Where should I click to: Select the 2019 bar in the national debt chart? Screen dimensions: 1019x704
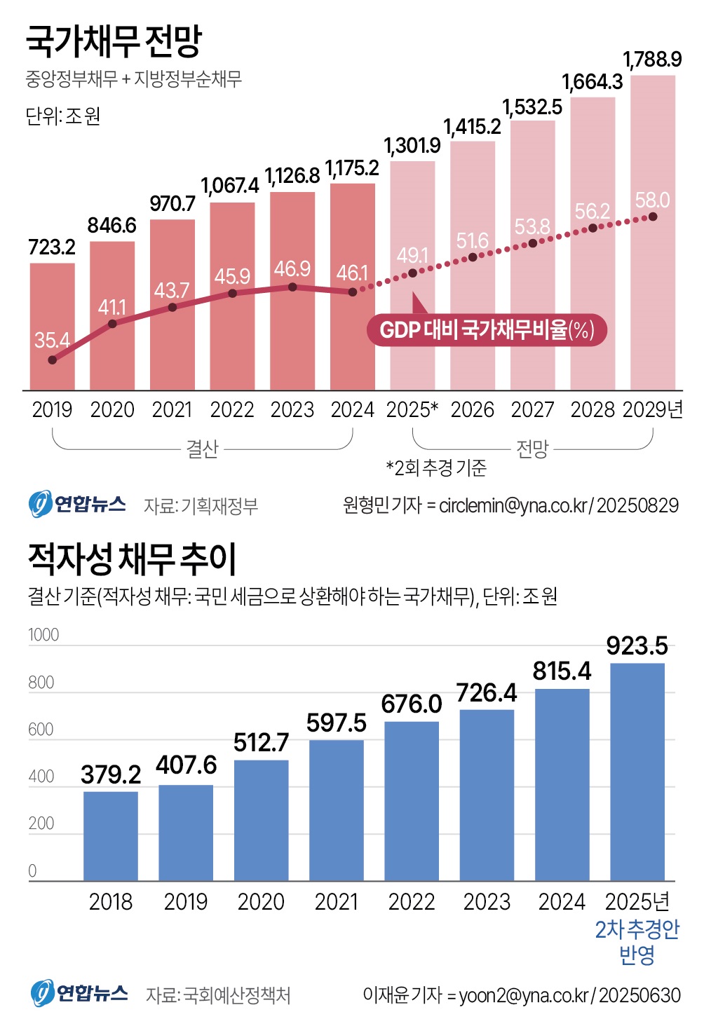(52, 326)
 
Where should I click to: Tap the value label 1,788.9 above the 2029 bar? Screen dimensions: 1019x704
(652, 60)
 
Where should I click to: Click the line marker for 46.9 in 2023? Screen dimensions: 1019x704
(292, 287)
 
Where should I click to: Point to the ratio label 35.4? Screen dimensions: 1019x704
(52, 341)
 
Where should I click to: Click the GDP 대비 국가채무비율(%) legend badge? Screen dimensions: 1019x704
(487, 329)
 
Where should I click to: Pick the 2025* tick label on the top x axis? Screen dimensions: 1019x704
(412, 410)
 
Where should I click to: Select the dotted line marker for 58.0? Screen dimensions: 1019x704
(653, 217)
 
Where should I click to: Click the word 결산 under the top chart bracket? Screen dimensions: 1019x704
(202, 449)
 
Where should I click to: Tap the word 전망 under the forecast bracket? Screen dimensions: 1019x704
(532, 449)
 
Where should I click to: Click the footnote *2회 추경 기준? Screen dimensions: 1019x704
(436, 468)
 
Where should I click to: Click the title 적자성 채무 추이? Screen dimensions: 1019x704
(132, 559)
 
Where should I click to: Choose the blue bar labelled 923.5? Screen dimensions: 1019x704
(637, 771)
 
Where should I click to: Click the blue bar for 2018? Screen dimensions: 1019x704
(111, 835)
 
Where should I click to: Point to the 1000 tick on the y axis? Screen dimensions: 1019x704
(43, 635)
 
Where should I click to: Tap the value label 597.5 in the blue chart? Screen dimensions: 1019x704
(337, 723)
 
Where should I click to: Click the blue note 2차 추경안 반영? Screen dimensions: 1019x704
(637, 941)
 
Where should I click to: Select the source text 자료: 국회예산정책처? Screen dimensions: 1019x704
(218, 995)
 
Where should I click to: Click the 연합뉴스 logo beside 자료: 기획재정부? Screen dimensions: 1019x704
(78, 504)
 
